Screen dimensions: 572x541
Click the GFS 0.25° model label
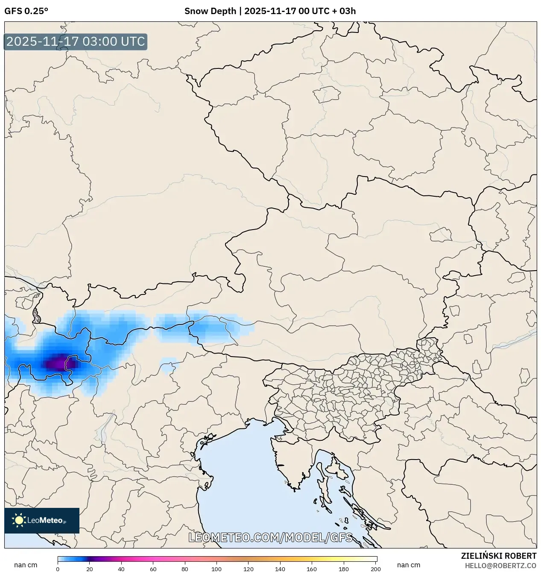click(26, 11)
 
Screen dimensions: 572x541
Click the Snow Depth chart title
click(270, 11)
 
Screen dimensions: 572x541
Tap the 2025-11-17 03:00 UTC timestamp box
click(76, 42)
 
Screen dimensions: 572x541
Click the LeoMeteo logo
click(42, 520)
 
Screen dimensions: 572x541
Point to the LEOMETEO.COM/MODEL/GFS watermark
click(270, 537)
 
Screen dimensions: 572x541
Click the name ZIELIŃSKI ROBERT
click(498, 556)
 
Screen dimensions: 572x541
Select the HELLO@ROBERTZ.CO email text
click(500, 565)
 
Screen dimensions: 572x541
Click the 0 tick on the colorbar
click(58, 569)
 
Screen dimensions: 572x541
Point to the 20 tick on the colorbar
click(90, 569)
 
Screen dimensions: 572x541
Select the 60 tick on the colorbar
click(153, 569)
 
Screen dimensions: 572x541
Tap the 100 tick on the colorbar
click(217, 569)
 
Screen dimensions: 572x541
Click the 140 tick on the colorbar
click(281, 569)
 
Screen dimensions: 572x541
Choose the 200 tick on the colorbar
click(376, 569)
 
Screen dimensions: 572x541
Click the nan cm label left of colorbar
click(26, 565)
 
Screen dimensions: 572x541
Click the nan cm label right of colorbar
click(409, 565)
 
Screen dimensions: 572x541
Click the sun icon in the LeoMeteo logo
click(19, 520)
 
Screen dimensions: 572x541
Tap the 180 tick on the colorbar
click(344, 569)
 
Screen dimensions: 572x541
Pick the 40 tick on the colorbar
click(121, 569)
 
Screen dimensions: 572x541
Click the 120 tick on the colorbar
click(249, 569)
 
